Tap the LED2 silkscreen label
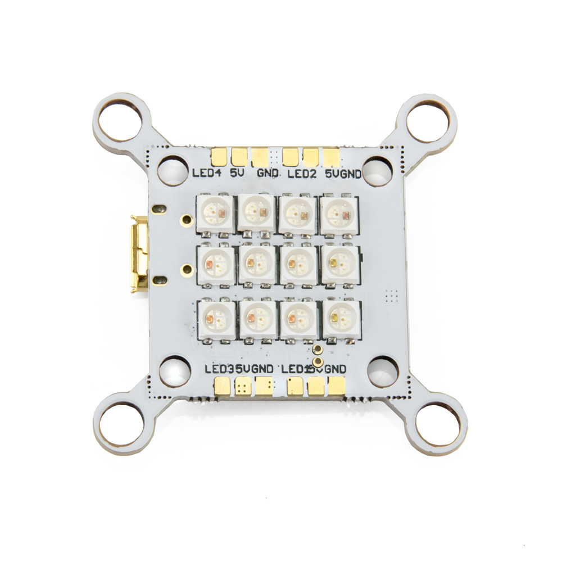[x=302, y=174]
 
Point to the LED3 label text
[x=218, y=369]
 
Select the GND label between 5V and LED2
[x=268, y=174]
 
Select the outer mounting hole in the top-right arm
[x=428, y=120]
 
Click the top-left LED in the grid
[x=214, y=214]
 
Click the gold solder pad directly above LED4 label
[x=220, y=155]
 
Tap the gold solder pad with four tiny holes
[x=243, y=386]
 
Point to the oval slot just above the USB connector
[x=158, y=209]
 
